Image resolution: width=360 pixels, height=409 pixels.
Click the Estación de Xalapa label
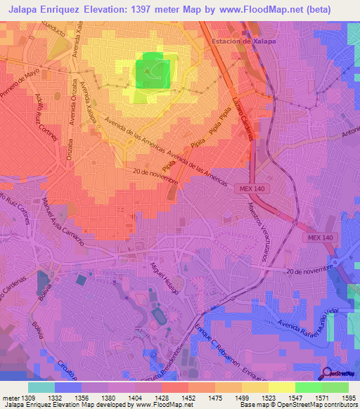243,41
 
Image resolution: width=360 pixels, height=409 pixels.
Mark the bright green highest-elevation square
153,72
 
